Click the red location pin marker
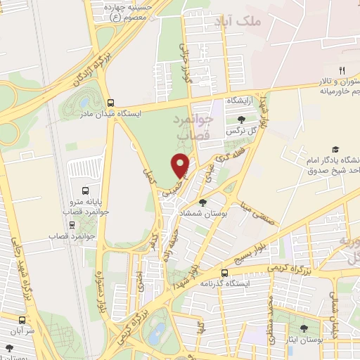(x=181, y=165)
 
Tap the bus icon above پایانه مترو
(x=85, y=191)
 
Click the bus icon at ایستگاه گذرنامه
(x=224, y=273)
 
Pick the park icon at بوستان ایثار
(x=303, y=328)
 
